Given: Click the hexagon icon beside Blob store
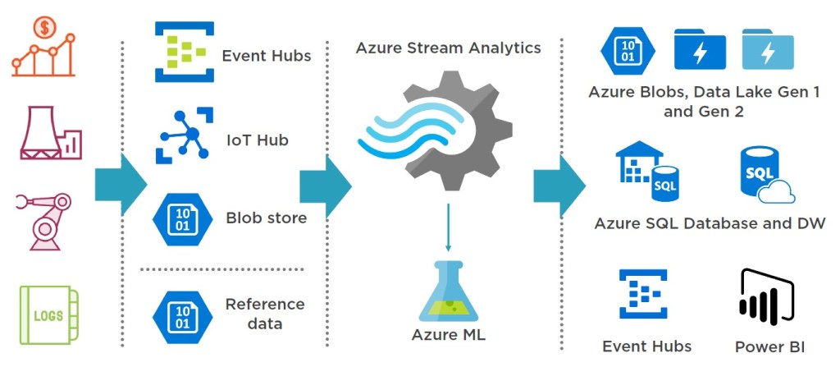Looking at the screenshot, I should coord(182,219).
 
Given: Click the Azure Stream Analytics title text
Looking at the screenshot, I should coord(448,48).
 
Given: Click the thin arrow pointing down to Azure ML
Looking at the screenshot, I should coord(448,230).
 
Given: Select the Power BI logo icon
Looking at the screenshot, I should coord(767,296).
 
